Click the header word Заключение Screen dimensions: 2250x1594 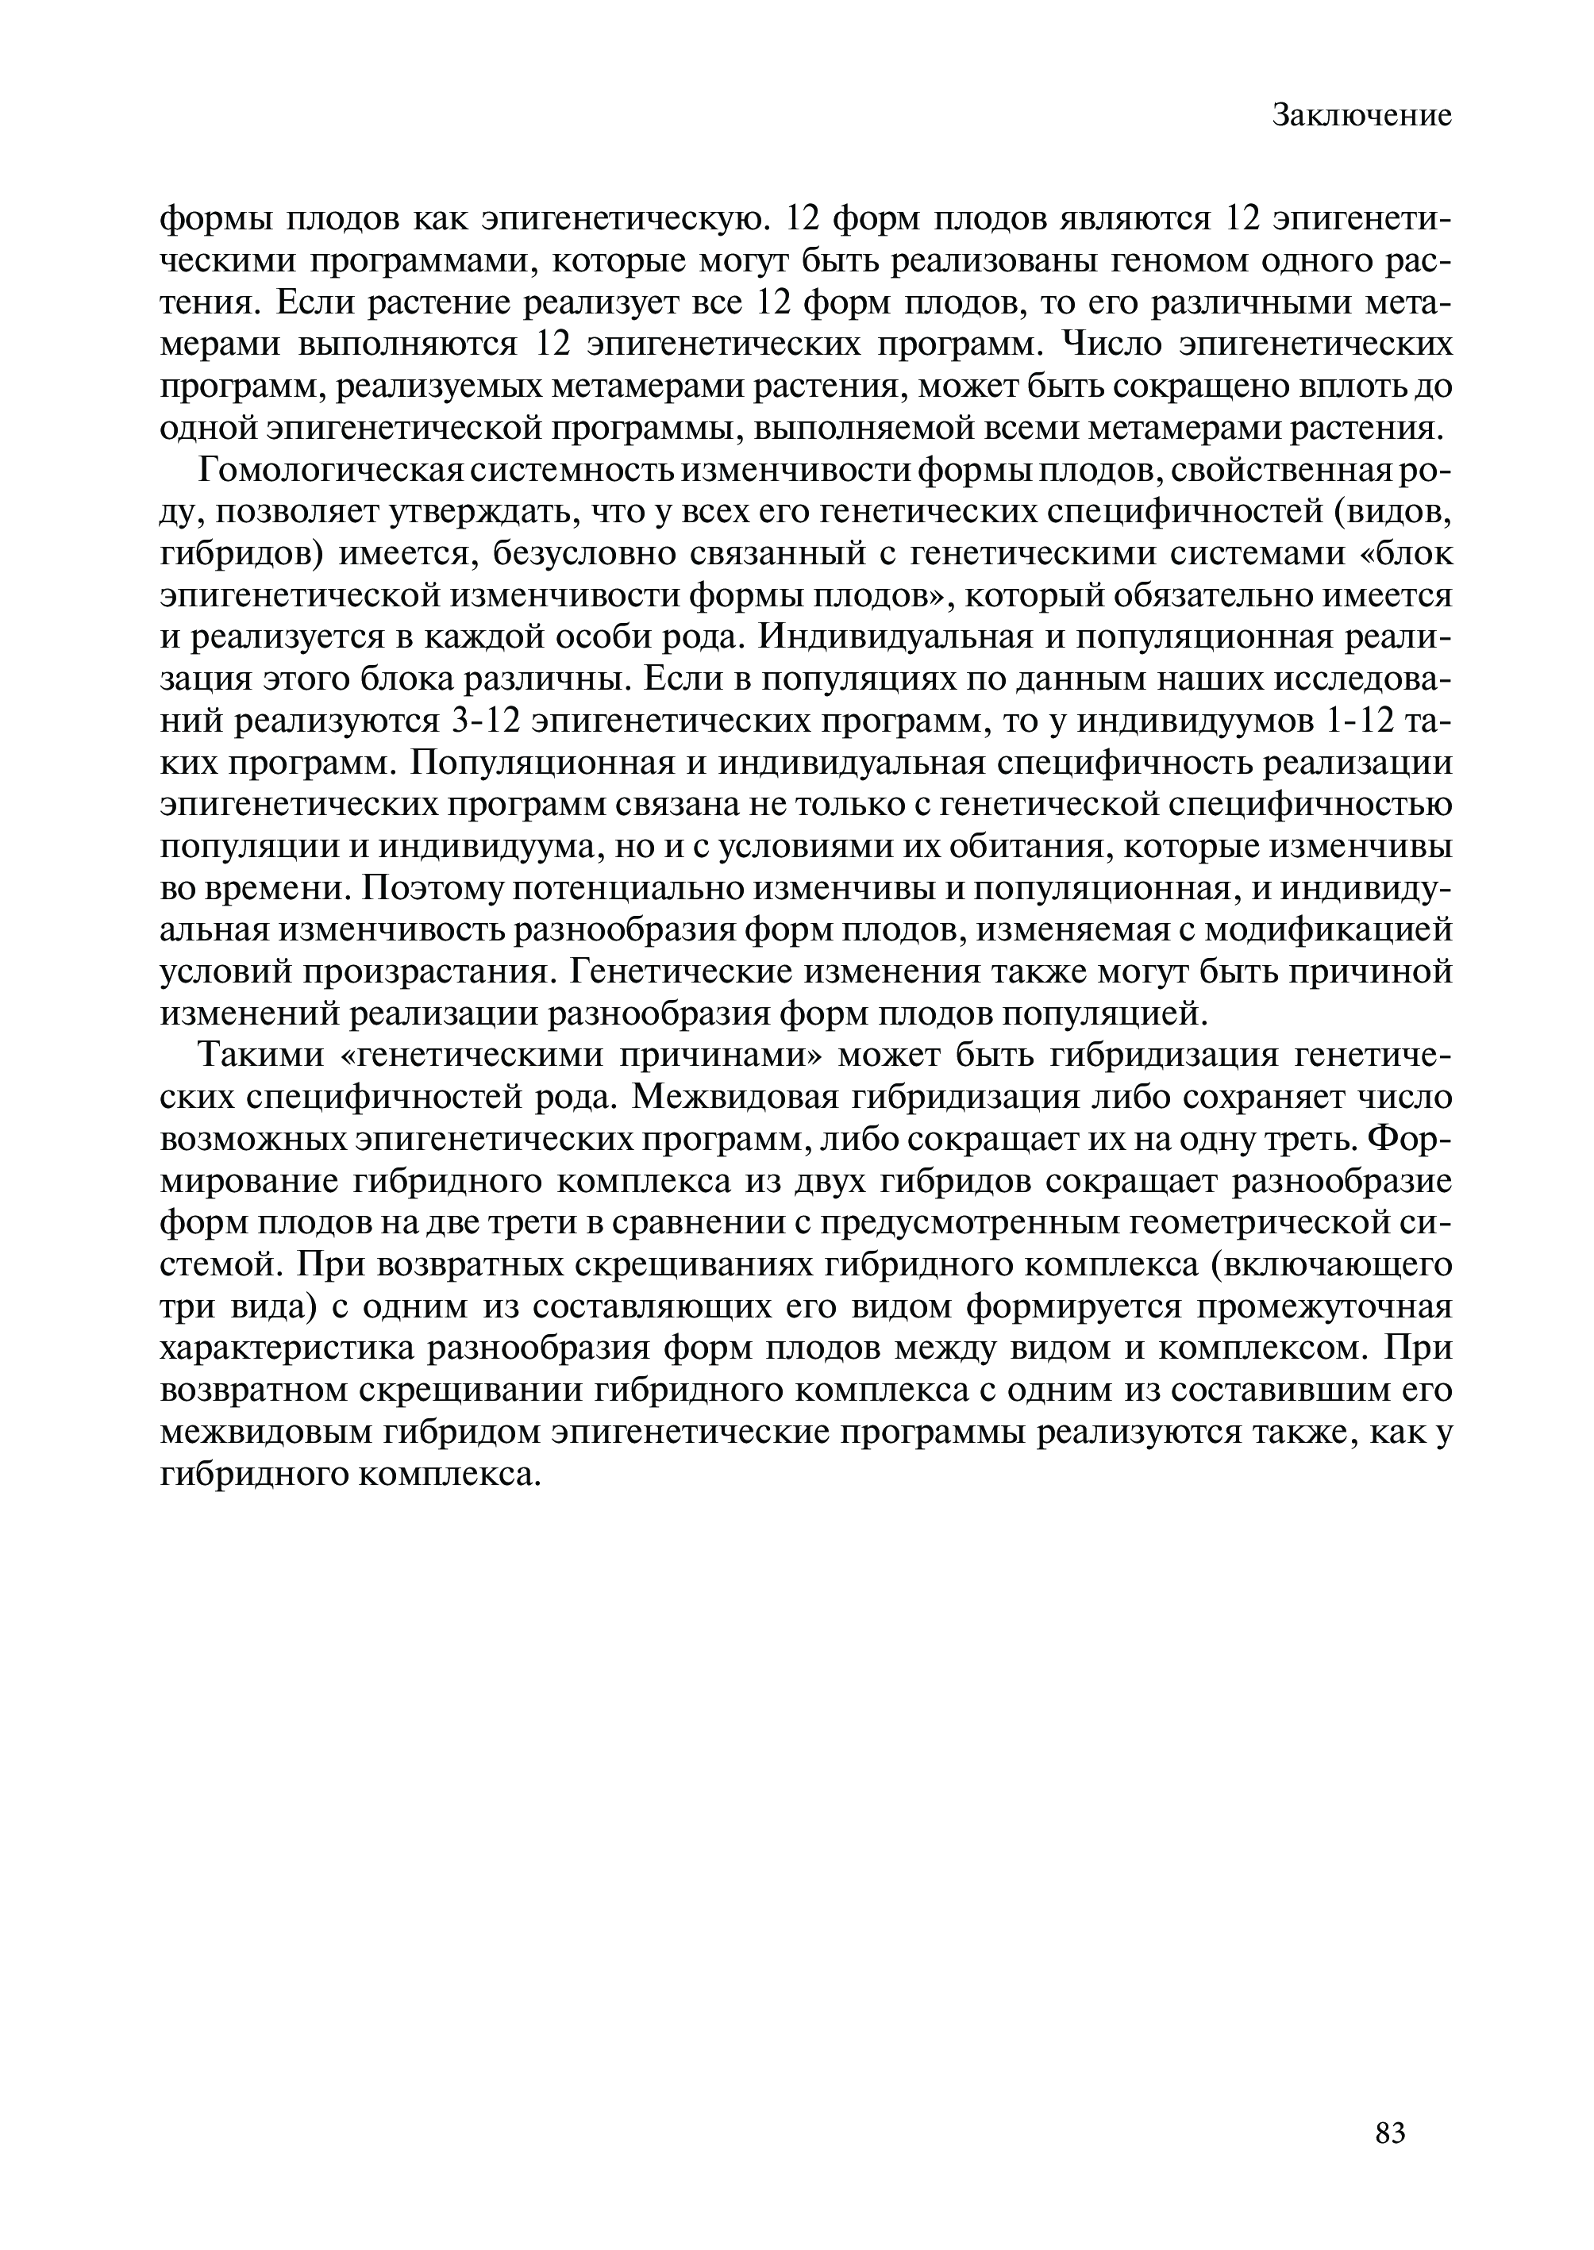pos(1361,116)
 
